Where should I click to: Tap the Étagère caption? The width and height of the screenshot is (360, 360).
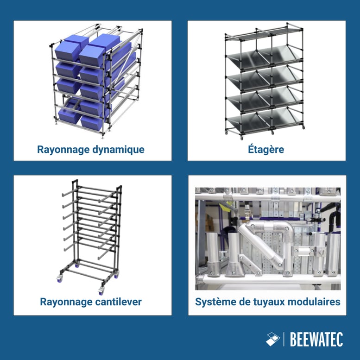[266, 150]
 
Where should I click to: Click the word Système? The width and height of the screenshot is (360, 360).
[214, 302]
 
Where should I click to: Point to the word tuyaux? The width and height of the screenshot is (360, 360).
[268, 302]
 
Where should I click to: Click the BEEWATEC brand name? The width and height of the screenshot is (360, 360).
[316, 340]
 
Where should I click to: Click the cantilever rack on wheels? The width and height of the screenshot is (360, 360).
[91, 236]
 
